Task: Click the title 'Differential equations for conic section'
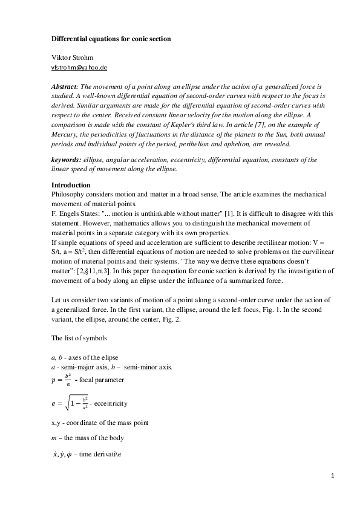pos(111,39)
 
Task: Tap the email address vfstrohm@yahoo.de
pos(80,68)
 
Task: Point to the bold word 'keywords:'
pos(67,160)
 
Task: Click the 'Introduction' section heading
pos(71,184)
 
